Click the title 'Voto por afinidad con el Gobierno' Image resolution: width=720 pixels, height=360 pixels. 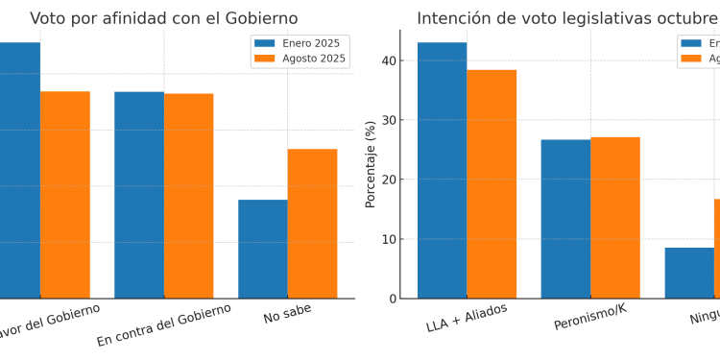(164, 18)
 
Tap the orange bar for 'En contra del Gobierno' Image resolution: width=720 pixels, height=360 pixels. (189, 196)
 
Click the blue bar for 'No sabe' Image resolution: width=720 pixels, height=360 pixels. (263, 249)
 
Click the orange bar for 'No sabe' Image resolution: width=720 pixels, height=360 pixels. (312, 224)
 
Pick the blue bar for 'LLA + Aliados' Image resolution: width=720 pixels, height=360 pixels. (442, 170)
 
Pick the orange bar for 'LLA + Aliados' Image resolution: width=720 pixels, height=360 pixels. (492, 184)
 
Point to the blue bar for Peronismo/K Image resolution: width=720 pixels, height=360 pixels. (565, 219)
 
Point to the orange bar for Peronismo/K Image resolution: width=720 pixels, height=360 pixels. (615, 218)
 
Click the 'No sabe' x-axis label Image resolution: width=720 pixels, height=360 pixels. (287, 313)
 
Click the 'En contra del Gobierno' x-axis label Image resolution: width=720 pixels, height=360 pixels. (164, 325)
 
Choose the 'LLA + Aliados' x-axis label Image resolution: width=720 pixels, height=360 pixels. (467, 318)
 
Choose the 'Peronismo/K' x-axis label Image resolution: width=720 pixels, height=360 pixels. (590, 318)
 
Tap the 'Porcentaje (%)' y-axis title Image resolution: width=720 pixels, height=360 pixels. (371, 164)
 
